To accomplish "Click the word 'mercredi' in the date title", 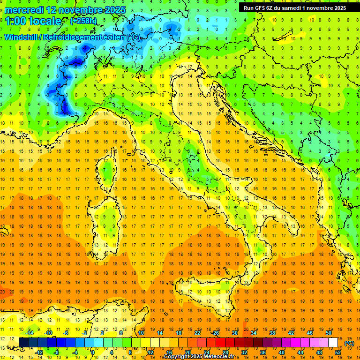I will (24, 9).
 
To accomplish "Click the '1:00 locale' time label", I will (33, 21).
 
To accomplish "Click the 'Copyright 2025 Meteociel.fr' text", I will (202, 357).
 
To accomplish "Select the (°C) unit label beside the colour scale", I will (349, 343).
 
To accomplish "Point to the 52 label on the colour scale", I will (338, 352).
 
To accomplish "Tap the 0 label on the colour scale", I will (93, 352).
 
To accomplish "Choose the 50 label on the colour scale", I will (328, 333).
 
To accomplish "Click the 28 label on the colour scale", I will (225, 352).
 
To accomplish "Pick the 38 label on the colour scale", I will (272, 333).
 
